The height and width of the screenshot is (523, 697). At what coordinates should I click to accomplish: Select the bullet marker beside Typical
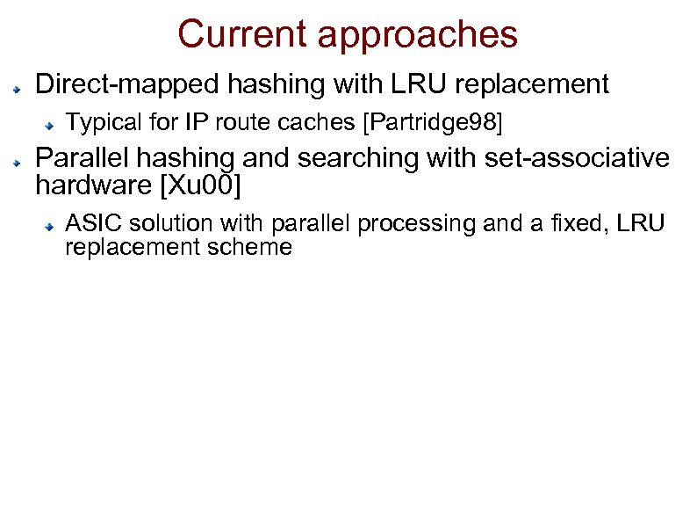point(52,125)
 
